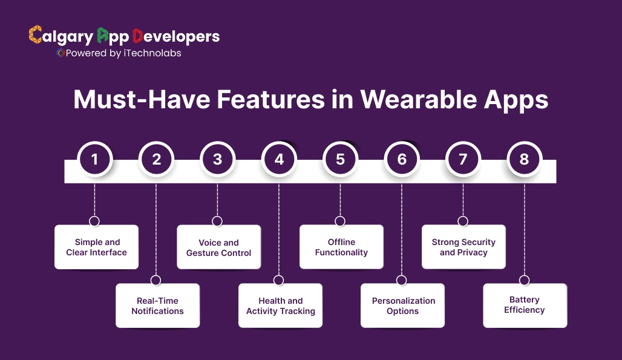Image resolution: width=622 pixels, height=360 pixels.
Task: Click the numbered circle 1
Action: [x=94, y=160]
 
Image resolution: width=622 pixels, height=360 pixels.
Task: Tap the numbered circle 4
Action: [x=278, y=160]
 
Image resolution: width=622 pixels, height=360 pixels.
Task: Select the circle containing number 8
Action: [x=524, y=160]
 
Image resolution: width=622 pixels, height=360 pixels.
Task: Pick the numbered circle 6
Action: [x=402, y=160]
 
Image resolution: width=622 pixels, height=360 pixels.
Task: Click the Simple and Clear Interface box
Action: [x=96, y=247]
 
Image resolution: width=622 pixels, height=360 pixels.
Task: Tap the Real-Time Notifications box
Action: [x=157, y=306]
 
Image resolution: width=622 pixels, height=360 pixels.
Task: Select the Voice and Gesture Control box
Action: [x=218, y=247]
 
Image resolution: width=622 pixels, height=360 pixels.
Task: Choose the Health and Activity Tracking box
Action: [x=280, y=306]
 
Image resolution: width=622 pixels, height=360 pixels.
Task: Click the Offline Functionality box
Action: [x=341, y=247]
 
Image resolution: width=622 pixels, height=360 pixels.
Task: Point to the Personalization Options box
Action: [x=403, y=306]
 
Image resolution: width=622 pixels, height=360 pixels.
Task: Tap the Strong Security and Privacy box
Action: [x=463, y=247]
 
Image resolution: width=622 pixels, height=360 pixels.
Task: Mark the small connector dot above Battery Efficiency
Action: [x=525, y=280]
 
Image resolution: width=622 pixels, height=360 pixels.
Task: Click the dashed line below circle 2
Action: [x=156, y=230]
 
